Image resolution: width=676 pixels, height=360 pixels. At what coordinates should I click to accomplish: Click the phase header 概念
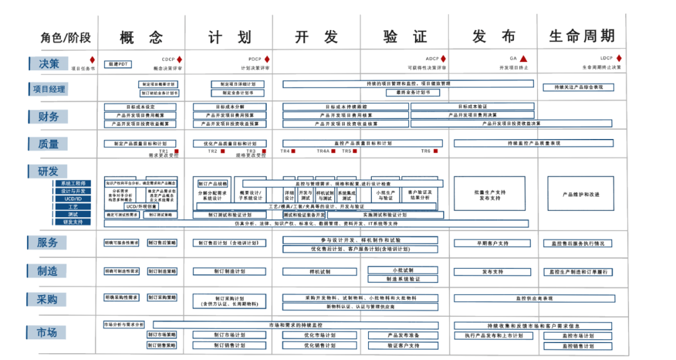[x=141, y=36]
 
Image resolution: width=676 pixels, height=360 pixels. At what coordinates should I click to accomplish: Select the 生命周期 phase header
[x=581, y=36]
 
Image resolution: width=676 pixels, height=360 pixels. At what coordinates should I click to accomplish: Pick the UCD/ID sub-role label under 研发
[x=73, y=199]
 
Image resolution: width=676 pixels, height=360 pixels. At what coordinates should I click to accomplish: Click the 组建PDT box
[x=117, y=64]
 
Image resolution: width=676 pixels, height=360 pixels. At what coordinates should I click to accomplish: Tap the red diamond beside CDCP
[x=180, y=59]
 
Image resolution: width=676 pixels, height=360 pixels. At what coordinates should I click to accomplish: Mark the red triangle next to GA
[x=524, y=59]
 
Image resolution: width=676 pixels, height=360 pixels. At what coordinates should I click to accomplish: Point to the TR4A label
[x=322, y=151]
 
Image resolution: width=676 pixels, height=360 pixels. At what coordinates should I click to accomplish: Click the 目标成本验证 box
[x=473, y=106]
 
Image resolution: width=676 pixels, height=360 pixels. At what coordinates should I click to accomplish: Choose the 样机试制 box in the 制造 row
[x=320, y=272]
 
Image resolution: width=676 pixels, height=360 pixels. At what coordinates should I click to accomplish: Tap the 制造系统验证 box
[x=403, y=279]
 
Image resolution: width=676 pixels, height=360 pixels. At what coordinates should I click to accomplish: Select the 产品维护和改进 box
[x=581, y=194]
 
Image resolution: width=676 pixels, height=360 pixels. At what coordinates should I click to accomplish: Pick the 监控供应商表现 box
[x=534, y=298]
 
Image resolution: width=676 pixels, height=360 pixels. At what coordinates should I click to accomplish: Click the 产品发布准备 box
[x=403, y=335]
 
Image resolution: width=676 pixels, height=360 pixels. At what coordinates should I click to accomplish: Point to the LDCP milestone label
[x=606, y=59]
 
